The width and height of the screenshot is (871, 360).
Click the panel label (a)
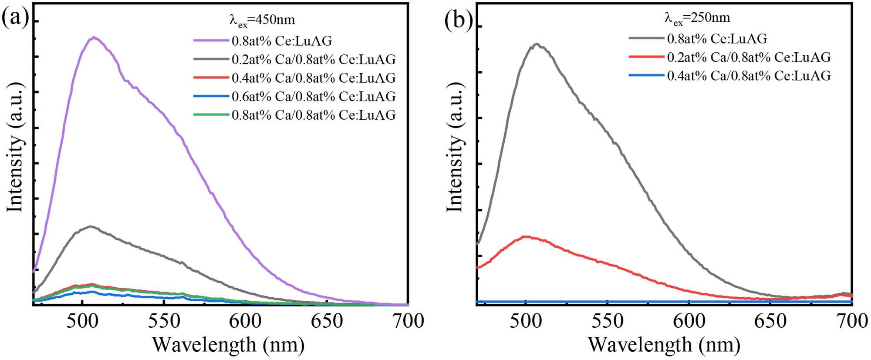15,18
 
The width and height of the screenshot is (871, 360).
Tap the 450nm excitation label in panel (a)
262,20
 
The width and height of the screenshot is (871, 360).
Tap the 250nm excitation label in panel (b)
697,18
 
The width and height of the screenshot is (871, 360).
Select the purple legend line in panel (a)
211,40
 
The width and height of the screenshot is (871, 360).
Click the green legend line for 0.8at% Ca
211,114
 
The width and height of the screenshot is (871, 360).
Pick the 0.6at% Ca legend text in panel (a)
314,96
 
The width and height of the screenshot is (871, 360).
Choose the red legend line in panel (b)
646,57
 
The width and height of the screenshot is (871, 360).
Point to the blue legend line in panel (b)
646,75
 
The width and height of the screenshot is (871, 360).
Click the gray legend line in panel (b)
646,38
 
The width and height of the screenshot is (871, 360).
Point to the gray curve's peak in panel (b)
537,44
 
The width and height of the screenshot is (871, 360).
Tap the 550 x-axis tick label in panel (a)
164,321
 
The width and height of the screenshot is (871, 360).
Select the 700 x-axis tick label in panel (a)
408,321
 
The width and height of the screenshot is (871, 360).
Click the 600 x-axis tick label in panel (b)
689,321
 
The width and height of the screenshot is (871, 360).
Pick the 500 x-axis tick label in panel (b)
526,321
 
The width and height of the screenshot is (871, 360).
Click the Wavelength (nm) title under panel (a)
228,345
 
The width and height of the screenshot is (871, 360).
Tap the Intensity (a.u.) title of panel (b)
455,147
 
